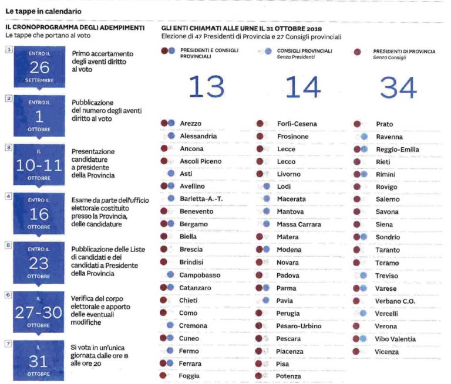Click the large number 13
[x=207, y=87]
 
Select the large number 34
[x=398, y=87]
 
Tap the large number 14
[x=303, y=87]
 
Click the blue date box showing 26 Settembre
[x=39, y=67]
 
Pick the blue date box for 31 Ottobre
[x=39, y=360]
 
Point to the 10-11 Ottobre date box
[x=39, y=165]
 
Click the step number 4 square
[x=8, y=196]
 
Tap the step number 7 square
[x=8, y=343]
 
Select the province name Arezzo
[x=191, y=124]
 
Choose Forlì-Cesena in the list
[x=297, y=124]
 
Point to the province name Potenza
[x=289, y=376]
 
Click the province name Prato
[x=385, y=124]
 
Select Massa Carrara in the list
[x=299, y=225]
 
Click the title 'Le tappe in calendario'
[x=43, y=11]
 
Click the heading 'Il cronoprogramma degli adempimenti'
[x=75, y=28]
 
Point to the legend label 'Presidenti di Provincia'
[x=405, y=52]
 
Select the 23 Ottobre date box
[x=39, y=262]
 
